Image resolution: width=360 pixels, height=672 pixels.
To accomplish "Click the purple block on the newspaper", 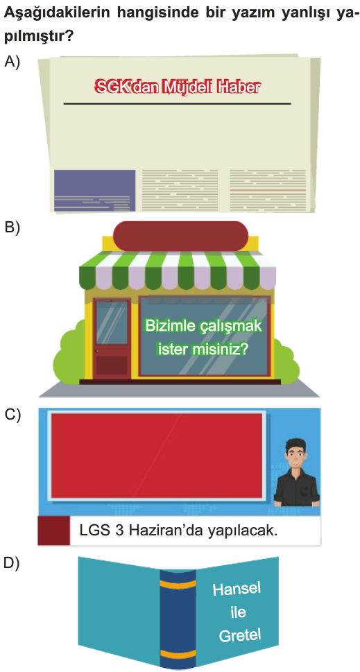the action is click(95, 190).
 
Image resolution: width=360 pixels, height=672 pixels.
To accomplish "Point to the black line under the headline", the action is click(177, 104).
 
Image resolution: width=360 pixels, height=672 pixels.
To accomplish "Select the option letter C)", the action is click(12, 415).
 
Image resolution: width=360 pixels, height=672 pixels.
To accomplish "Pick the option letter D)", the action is click(12, 564).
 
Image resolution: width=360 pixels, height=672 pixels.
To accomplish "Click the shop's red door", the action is click(112, 338).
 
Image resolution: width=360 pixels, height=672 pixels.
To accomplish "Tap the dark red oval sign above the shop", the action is click(181, 235).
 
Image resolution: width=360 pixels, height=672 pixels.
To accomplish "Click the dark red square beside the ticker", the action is click(54, 531).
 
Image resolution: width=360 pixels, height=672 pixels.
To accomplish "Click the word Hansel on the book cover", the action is click(237, 589).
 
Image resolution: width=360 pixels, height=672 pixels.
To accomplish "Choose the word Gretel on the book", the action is click(239, 635).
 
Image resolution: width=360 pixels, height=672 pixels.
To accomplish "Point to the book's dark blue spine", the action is click(178, 619).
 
